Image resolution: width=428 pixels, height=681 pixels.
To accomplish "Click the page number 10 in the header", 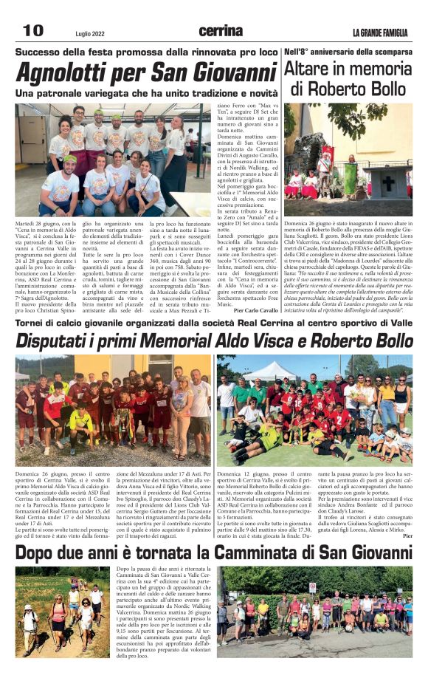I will point(34,30).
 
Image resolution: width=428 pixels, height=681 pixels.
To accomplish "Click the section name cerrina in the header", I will point(221,31).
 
